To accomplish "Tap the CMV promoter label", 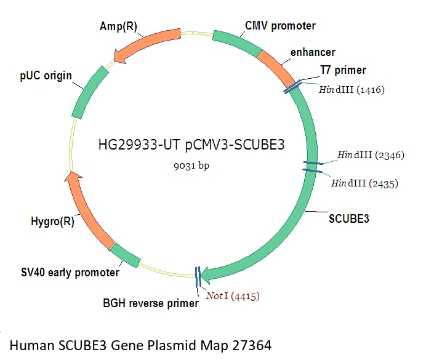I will pyautogui.click(x=280, y=26).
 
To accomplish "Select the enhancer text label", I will pyautogui.click(x=313, y=52).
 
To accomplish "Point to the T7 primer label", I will pyautogui.click(x=343, y=70).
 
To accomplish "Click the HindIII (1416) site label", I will pyautogui.click(x=352, y=90).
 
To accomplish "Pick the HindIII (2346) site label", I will pyautogui.click(x=370, y=154).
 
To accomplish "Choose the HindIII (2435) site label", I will pyautogui.click(x=364, y=183).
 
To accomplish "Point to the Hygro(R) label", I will pyautogui.click(x=52, y=221).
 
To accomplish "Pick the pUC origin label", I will pyautogui.click(x=46, y=76).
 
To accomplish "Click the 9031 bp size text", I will pyautogui.click(x=192, y=166).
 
